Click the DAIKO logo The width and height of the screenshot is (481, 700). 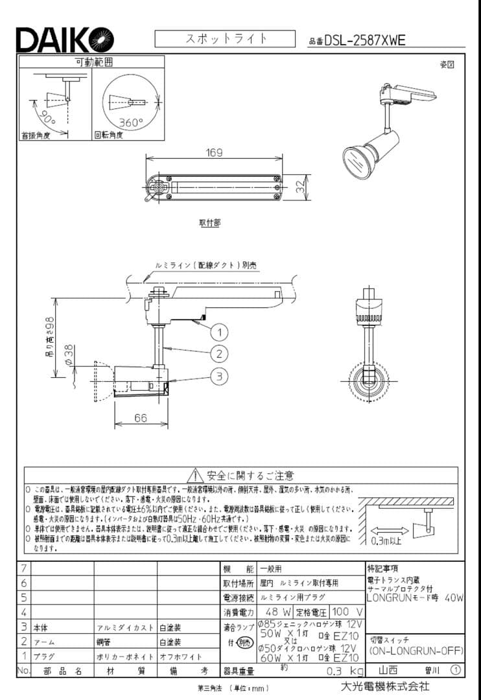coord(65,40)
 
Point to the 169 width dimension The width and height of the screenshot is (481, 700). coord(214,153)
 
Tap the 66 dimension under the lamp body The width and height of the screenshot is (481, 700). coord(141,418)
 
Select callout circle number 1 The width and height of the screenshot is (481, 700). coord(220,332)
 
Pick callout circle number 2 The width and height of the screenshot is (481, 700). coord(220,353)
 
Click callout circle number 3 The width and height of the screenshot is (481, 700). coord(220,376)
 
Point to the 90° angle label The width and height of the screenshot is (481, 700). coord(49,119)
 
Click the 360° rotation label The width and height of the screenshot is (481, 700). coord(130,122)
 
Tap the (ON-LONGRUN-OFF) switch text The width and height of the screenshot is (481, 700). coord(414,651)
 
